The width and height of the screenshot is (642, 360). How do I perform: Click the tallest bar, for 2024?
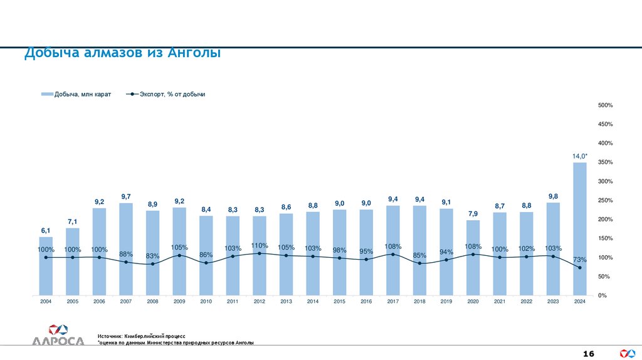[x=580, y=229]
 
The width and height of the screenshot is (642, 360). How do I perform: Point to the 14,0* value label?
[x=580, y=156]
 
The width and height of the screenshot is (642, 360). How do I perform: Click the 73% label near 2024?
[x=580, y=260]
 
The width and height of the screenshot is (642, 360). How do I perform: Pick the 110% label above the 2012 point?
[x=260, y=245]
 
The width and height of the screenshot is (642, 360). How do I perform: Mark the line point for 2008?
[x=152, y=264]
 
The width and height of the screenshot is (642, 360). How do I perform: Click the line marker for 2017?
[x=393, y=254]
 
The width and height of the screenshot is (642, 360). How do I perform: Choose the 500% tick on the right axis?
[x=605, y=105]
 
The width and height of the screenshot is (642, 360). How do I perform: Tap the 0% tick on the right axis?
[x=602, y=295]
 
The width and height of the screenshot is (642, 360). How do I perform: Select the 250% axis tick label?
[x=605, y=201]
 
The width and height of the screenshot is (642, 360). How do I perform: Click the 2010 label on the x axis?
[x=206, y=302]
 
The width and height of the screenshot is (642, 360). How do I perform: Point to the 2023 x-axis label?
[x=553, y=302]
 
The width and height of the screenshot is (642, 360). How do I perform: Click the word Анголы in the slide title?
[x=194, y=54]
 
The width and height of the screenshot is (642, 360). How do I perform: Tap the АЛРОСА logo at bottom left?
[x=58, y=336]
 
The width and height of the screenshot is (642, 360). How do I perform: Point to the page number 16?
[x=589, y=354]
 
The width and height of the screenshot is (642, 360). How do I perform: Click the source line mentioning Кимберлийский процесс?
[x=142, y=337]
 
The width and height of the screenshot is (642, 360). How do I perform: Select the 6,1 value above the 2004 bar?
[x=46, y=231]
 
